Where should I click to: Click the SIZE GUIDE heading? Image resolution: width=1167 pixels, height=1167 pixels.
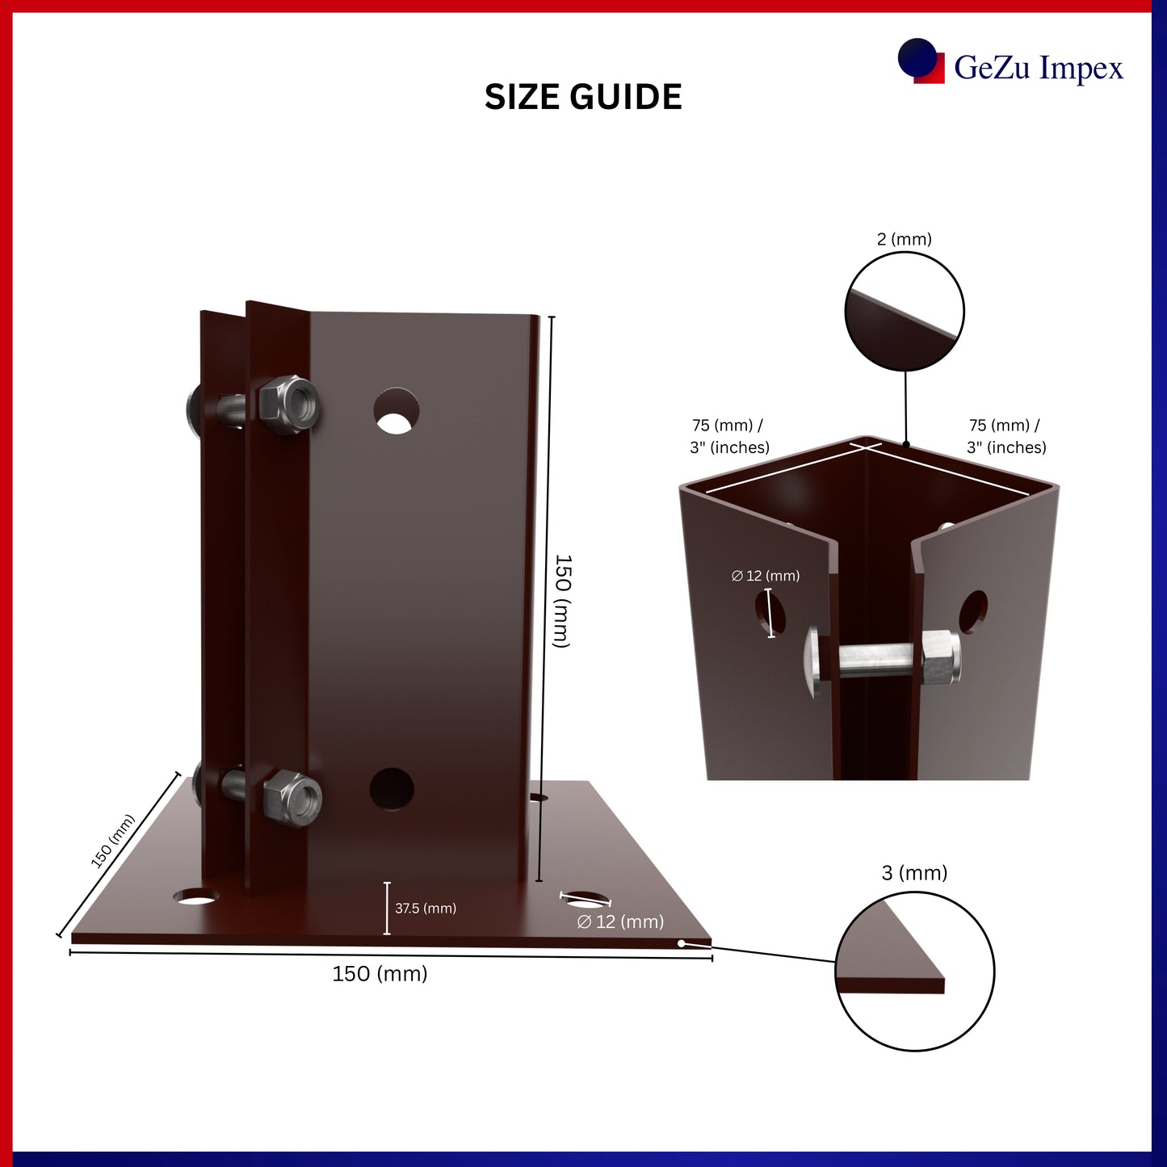pyautogui.click(x=583, y=97)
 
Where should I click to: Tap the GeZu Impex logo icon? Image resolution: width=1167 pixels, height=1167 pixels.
pyautogui.click(x=921, y=61)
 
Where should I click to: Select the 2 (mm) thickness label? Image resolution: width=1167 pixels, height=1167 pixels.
pyautogui.click(x=905, y=239)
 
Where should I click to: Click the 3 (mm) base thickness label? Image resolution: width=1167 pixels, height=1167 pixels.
pyautogui.click(x=914, y=873)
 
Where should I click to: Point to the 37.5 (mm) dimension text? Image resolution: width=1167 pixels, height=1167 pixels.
pyautogui.click(x=426, y=908)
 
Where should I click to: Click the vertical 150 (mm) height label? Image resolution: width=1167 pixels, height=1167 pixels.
pyautogui.click(x=563, y=601)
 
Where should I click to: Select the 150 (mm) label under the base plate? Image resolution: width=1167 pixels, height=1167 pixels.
pyautogui.click(x=380, y=973)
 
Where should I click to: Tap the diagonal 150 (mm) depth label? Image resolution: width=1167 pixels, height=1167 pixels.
pyautogui.click(x=112, y=842)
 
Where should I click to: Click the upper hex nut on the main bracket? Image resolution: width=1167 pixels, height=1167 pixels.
pyautogui.click(x=289, y=405)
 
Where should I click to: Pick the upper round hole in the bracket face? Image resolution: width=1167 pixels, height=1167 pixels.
pyautogui.click(x=396, y=411)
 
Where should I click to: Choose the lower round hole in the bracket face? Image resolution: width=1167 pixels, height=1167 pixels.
pyautogui.click(x=392, y=789)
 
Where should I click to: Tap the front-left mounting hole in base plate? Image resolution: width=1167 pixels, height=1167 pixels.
pyautogui.click(x=195, y=896)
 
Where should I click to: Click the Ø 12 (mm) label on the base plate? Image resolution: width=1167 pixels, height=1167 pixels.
pyautogui.click(x=620, y=921)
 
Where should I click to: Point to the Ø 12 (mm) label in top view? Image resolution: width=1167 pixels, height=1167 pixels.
pyautogui.click(x=766, y=575)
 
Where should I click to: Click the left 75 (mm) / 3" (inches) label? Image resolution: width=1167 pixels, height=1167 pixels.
pyautogui.click(x=729, y=436)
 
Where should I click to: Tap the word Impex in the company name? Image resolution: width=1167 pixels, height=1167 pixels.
pyautogui.click(x=1081, y=68)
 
